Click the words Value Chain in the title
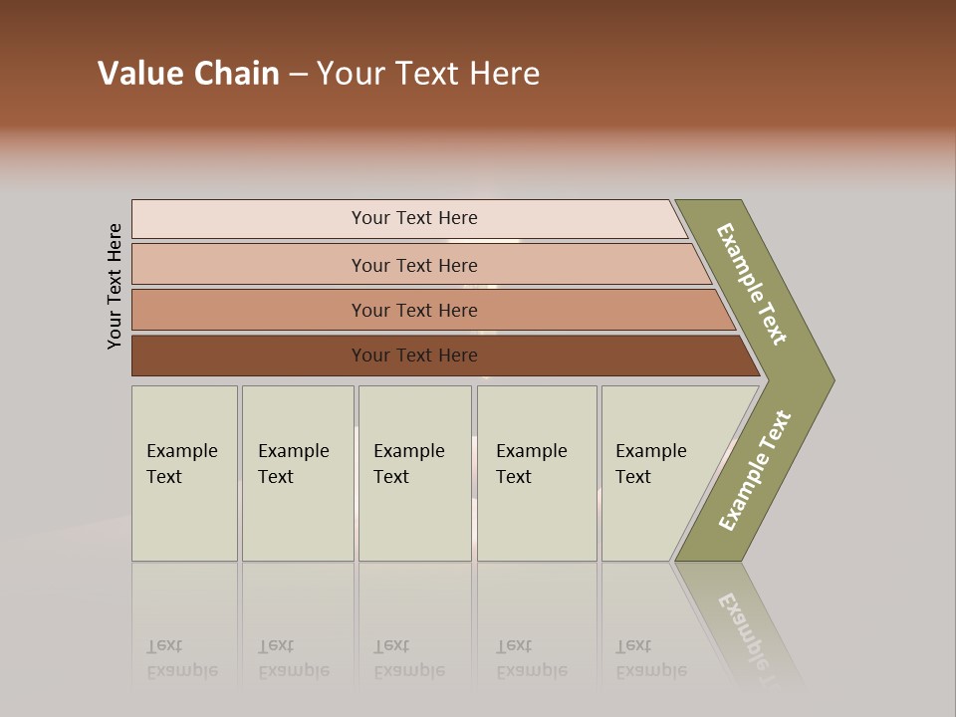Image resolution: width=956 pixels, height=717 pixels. coord(188,74)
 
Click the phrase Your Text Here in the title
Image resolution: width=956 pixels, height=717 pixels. coord(428,74)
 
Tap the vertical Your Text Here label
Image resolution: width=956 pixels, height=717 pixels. coord(116,286)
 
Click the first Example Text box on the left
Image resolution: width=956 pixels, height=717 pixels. coord(184,473)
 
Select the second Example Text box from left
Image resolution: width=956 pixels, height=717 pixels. coord(297,473)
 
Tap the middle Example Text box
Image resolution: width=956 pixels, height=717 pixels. coord(414,473)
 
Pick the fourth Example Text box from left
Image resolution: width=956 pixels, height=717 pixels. coord(537,473)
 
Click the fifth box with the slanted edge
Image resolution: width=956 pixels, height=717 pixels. coord(657,473)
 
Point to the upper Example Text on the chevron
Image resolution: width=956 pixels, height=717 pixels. coord(752,284)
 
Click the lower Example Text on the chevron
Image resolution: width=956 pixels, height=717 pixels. coord(755,471)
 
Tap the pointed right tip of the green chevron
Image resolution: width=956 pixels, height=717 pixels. coord(830,379)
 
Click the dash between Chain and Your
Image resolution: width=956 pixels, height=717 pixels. coord(298,75)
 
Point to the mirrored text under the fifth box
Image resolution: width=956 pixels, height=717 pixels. coord(650,658)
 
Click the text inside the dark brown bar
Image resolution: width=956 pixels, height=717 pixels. coord(414,356)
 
